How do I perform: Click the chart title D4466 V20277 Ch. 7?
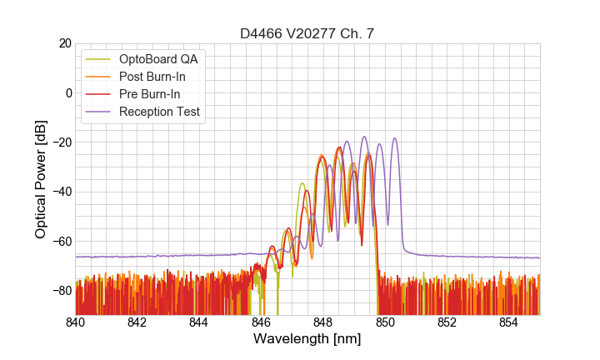[x=307, y=33]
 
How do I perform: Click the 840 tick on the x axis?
[x=76, y=322]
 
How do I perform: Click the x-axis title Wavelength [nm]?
[x=307, y=339]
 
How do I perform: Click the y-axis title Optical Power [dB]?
[x=41, y=178]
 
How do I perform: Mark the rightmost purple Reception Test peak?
[x=395, y=138]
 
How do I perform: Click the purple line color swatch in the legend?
[x=99, y=112]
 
